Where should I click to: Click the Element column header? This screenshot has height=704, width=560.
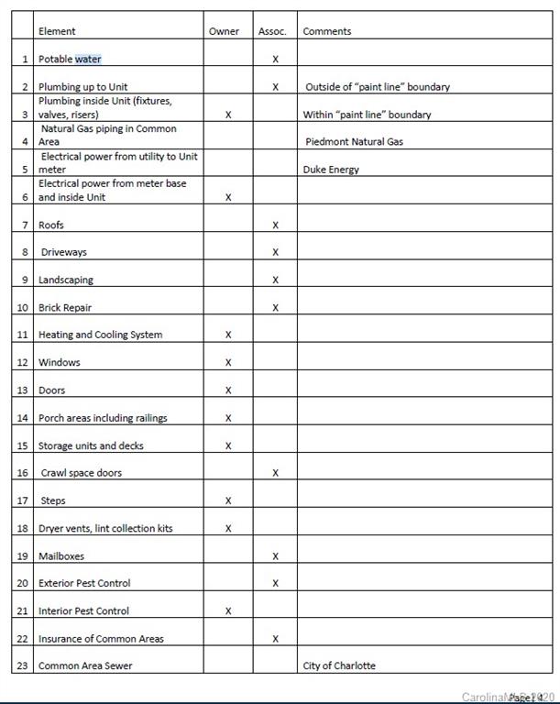tap(57, 31)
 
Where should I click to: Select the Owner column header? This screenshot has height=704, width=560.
tap(224, 31)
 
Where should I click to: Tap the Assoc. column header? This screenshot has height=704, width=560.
tap(272, 31)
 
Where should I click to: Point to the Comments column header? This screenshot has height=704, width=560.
tap(327, 31)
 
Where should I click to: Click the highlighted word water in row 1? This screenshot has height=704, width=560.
tap(88, 60)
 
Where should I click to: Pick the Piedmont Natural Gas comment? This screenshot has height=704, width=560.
tap(354, 142)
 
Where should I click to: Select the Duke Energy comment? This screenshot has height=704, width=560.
tap(331, 170)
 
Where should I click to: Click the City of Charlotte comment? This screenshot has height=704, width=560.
tap(339, 665)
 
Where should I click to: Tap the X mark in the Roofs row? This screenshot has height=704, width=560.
tap(275, 225)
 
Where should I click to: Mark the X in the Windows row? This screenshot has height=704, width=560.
tap(228, 363)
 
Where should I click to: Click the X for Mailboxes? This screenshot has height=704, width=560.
tap(275, 556)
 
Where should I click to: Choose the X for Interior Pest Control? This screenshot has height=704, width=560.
tap(228, 611)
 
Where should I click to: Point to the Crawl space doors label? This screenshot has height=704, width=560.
tap(82, 473)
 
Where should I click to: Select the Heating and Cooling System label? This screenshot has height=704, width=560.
tap(100, 335)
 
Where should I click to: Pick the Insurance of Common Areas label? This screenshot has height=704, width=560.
tap(101, 639)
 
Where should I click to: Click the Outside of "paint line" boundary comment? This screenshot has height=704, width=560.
tap(378, 87)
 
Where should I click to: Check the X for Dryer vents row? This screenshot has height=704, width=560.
tap(228, 529)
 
